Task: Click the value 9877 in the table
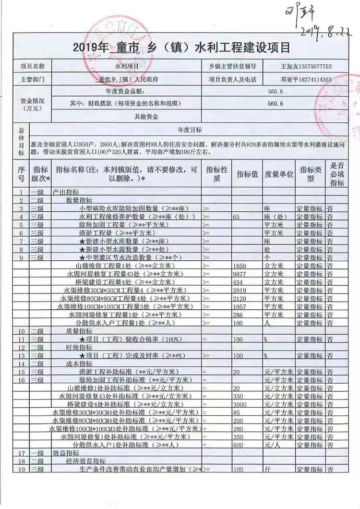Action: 240,274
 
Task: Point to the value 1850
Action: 240,266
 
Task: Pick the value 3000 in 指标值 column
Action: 240,404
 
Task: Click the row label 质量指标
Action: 79,331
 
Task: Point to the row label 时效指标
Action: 79,347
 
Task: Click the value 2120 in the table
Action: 240,298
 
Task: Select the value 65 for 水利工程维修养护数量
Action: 236,217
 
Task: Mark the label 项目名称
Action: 32,66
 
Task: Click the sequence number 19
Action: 21,469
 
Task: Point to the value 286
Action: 238,315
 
